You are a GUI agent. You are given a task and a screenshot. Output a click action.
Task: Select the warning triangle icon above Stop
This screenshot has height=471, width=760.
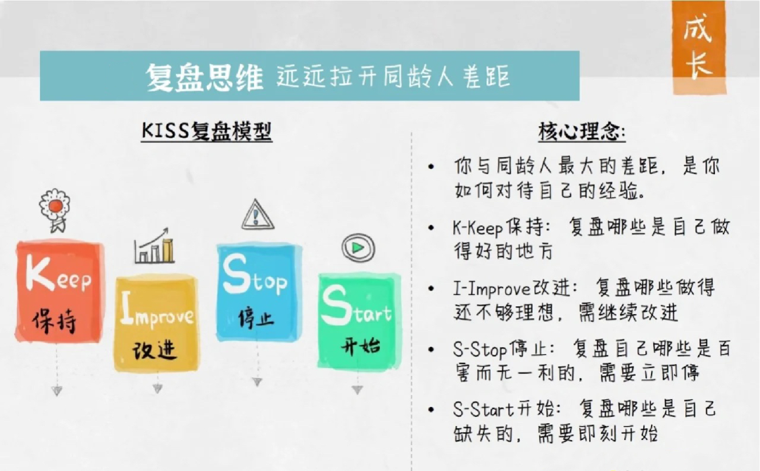[258, 215]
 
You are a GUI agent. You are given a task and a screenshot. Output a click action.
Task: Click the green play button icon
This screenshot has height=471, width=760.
[357, 248]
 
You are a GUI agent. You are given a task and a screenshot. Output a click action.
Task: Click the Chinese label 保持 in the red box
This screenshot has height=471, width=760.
[54, 321]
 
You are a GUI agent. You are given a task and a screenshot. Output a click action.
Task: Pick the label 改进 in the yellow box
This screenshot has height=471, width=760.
[155, 350]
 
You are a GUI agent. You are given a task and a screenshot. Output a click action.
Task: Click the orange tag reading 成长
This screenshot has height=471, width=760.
[697, 48]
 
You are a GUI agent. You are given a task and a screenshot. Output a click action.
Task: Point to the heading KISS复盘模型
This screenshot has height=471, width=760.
[206, 132]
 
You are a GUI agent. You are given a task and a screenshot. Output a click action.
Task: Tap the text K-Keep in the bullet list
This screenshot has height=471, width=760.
[478, 228]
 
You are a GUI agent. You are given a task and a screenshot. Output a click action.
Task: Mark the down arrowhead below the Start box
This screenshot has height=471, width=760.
[357, 389]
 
